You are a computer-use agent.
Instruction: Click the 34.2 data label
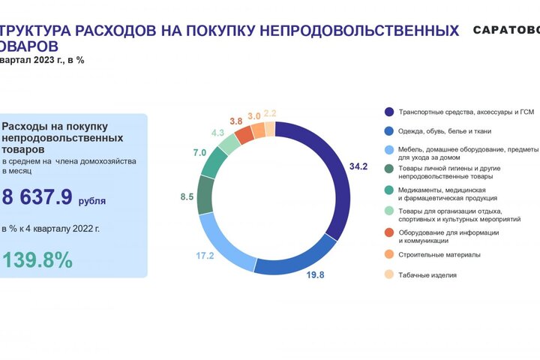point(359,166)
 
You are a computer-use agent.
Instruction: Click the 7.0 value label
point(199,153)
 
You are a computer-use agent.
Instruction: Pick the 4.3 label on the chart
point(218,133)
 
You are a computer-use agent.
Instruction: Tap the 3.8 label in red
point(235,121)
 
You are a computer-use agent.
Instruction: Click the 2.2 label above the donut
point(270,113)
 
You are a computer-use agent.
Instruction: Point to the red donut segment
point(244,135)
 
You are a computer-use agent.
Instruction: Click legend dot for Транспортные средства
point(388,112)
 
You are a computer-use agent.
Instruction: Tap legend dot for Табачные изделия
point(388,275)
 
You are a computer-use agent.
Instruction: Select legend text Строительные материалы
point(439,255)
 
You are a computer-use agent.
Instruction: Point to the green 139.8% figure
point(37,260)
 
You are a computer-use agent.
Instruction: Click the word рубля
point(92,201)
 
